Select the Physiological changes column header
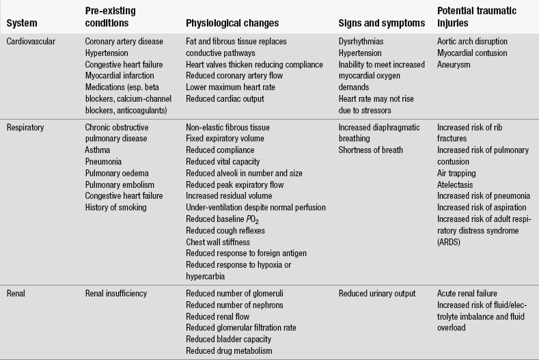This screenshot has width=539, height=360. pos(232,23)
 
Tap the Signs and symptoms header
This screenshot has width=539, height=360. pos(382,23)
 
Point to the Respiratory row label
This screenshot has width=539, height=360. pos(28,127)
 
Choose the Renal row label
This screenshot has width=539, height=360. pos(18,294)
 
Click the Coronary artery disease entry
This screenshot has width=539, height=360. pos(124,42)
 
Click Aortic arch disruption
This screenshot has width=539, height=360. pos(473,42)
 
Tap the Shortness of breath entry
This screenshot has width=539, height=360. pos(371,150)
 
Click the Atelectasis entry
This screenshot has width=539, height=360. pos(457,184)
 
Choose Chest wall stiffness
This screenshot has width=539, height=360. pos(219,242)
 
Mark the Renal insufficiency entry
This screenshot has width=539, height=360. pos(116,294)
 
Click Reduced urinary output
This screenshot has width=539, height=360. pos(377,294)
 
